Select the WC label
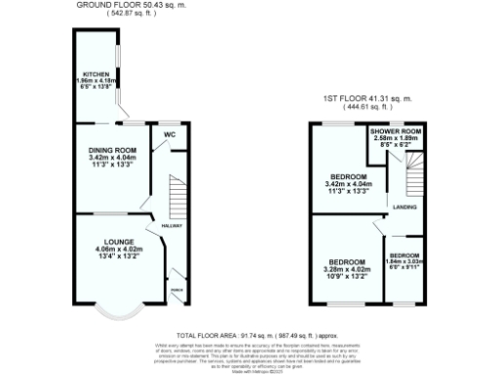click(171, 133)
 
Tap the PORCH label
click(175, 289)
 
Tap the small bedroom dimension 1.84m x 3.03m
click(403, 261)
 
